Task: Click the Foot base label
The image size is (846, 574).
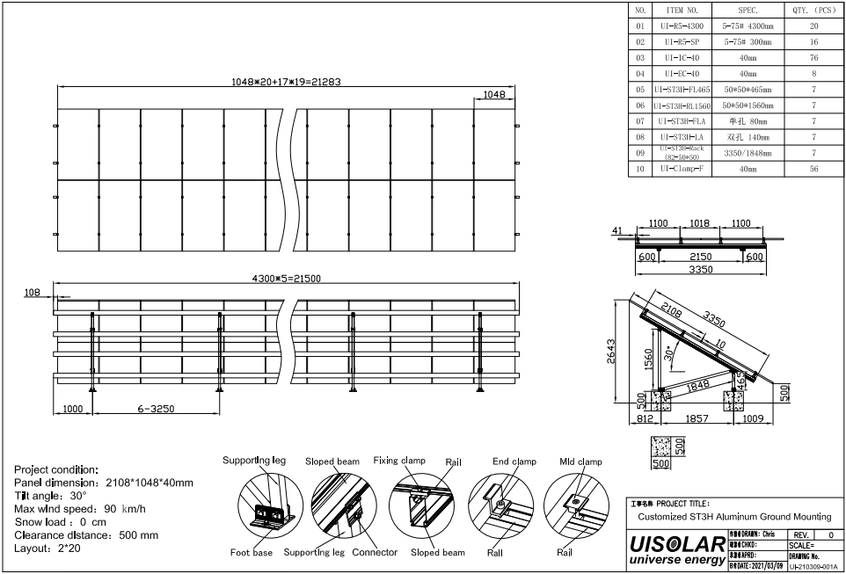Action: pos(252,553)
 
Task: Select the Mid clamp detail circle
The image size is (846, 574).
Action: pos(576,506)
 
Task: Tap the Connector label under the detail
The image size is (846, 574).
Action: pos(375,553)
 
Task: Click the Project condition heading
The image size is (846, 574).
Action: pos(56,469)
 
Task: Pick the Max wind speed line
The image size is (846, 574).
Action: pos(80,508)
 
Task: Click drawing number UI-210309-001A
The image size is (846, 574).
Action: pos(813,567)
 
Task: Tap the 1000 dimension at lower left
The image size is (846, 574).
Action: pos(73,410)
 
